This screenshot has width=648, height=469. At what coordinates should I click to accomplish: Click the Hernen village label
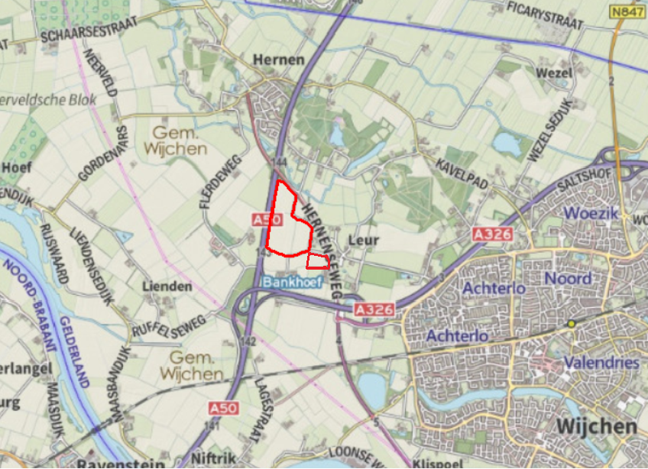pyautogui.click(x=278, y=60)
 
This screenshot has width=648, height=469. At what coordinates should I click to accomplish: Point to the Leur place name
pyautogui.click(x=364, y=240)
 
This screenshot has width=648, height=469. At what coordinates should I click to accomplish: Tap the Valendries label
pyautogui.click(x=601, y=362)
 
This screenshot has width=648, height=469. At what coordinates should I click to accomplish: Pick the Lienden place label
pyautogui.click(x=167, y=286)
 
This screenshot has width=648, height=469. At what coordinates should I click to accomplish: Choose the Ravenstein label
pyautogui.click(x=121, y=462)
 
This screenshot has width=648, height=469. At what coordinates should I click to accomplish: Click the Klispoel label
pyautogui.click(x=434, y=463)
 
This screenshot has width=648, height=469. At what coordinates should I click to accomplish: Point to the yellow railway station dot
pyautogui.click(x=571, y=324)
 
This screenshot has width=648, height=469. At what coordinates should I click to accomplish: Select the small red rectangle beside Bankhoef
pyautogui.click(x=318, y=262)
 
